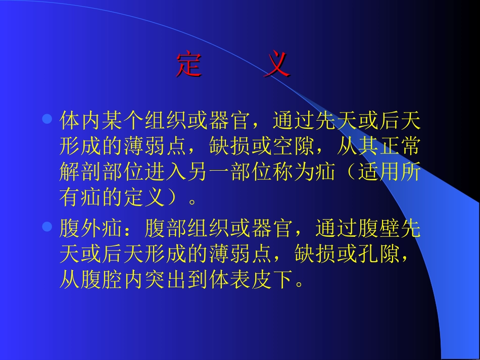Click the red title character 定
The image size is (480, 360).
(189, 65)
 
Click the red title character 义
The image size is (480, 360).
(277, 65)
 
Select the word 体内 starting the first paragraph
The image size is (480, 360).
(80, 121)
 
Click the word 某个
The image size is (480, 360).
(123, 121)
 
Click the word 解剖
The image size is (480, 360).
(80, 173)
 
